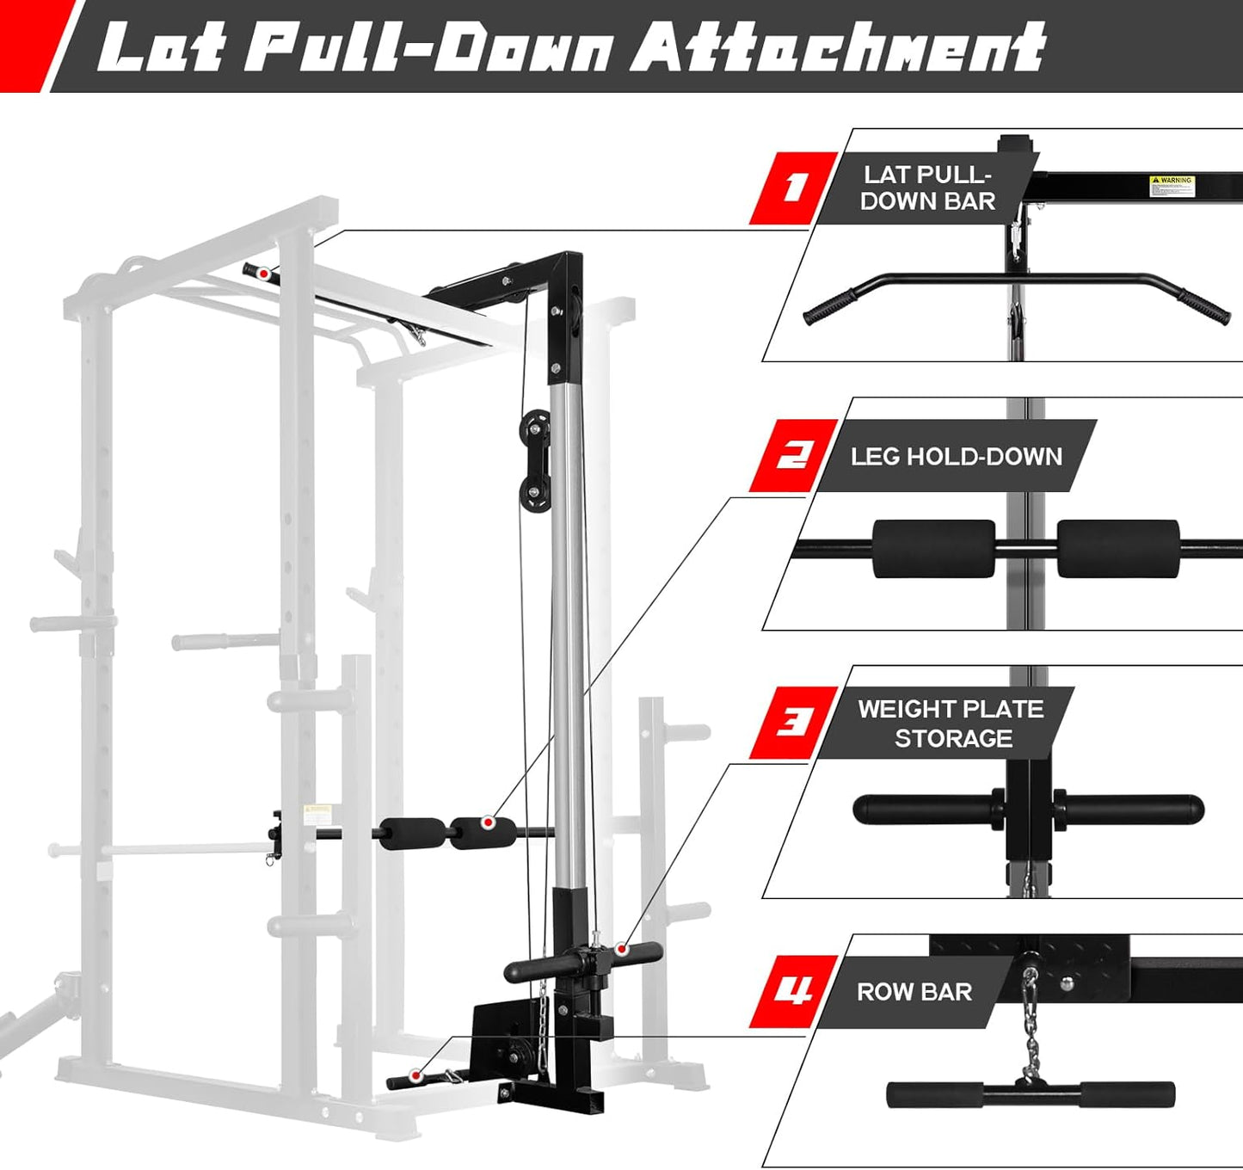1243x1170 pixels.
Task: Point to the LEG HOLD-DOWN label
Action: [x=956, y=456]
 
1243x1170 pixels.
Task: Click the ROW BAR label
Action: [x=914, y=992]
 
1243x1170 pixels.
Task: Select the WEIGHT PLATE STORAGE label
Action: [x=951, y=724]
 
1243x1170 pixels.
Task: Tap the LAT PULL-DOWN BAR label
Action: [x=928, y=188]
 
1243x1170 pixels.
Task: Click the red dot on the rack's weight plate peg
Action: [x=622, y=949]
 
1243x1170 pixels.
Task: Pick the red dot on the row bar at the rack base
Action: [x=416, y=1075]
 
